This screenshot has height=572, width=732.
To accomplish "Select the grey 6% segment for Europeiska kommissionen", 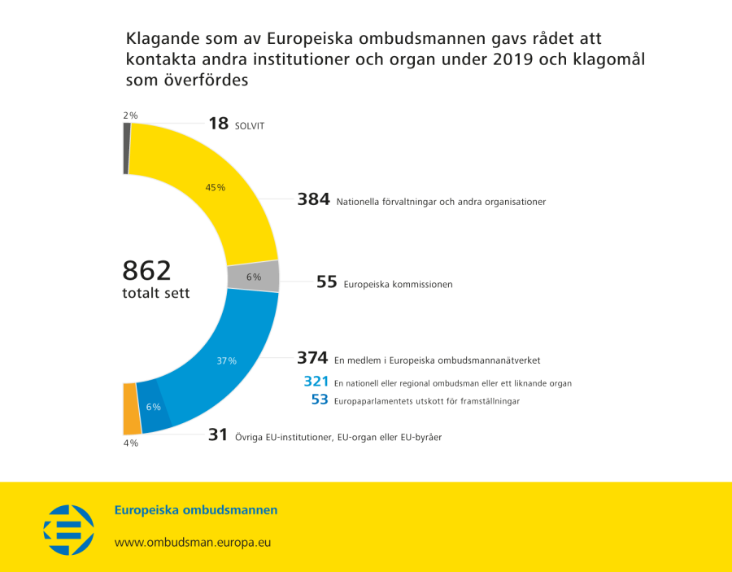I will coord(254,277).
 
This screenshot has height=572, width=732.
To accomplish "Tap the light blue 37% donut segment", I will coord(227,360).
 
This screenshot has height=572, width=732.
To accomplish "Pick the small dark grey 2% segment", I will coord(126,148).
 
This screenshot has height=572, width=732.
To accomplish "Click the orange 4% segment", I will coord(131,408).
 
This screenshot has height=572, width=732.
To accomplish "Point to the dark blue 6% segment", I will coord(154,405).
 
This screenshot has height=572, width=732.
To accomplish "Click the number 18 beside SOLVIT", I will coord(219,124).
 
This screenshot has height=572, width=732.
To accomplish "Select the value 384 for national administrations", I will coord(313,199).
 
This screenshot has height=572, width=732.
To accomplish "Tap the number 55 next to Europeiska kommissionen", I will coord(326,282).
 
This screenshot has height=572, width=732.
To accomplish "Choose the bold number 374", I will coord(312,358).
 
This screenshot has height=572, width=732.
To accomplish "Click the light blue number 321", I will coord(316,382).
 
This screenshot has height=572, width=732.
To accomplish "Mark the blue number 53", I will coord(320,400).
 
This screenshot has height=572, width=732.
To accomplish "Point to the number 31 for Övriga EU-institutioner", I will coord(217,435).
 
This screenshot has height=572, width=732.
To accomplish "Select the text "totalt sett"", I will coord(156,293).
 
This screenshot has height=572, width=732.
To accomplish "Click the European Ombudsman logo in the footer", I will coord(68,529).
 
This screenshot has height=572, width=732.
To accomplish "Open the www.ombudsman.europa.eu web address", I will coord(192,542).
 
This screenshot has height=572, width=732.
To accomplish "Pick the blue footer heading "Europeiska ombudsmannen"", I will coord(196,510).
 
